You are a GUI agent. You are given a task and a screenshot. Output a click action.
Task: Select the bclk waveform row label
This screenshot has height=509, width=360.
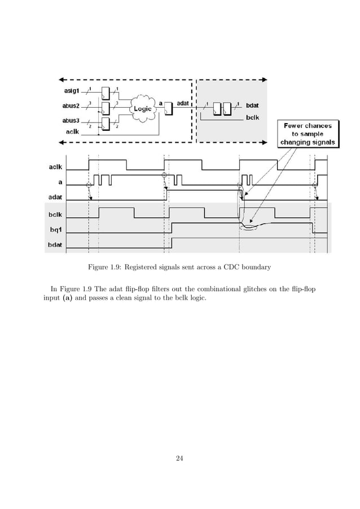click(x=55, y=214)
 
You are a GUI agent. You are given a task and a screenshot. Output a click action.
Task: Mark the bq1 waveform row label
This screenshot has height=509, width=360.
click(x=56, y=229)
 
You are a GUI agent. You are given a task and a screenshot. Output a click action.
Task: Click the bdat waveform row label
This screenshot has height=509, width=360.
click(x=55, y=245)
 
